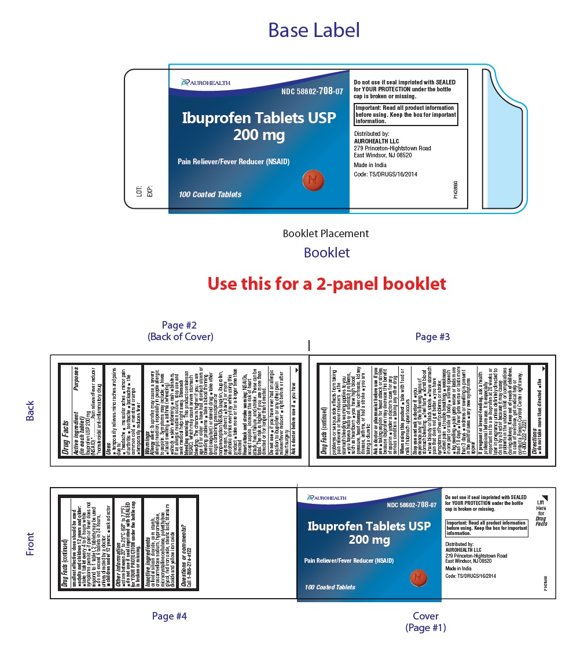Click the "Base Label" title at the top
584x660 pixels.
point(313,30)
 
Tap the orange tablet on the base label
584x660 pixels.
point(311,180)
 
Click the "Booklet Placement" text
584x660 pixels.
point(325,234)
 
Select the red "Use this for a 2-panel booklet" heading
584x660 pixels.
point(326,283)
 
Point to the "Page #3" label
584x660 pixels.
point(432,337)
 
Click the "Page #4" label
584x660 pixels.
point(169,616)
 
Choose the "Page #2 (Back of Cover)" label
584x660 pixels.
point(180,331)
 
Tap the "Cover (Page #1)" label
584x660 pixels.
point(425,622)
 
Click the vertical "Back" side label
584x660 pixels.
point(30,411)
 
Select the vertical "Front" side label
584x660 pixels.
point(30,544)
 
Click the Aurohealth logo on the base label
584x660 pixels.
point(205,83)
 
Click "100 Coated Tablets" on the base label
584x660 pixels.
point(210,194)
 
